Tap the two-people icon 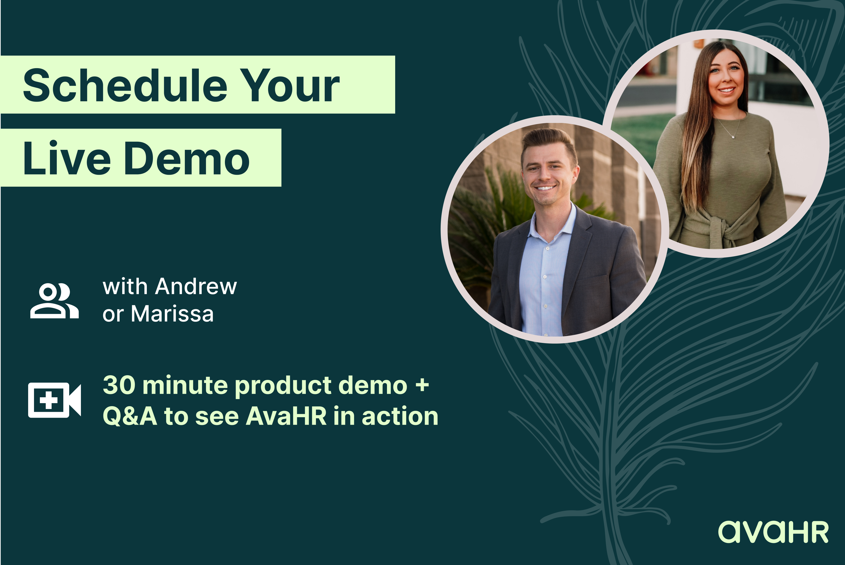point(54,301)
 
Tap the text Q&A point(130,416)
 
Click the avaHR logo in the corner point(773,532)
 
